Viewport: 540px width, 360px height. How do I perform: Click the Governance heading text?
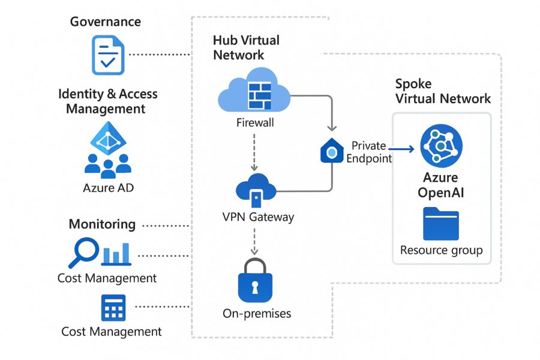pos(106,22)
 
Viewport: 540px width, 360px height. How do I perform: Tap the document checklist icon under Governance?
pos(107,55)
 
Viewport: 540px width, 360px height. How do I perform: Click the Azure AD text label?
pos(108,188)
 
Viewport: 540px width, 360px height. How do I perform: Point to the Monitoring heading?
pos(102,224)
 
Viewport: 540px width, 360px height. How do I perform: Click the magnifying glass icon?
pos(83,252)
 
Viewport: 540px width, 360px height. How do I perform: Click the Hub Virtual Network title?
pos(246,47)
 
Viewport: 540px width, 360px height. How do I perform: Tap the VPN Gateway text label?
pos(258,217)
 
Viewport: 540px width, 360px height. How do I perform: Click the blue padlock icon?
pos(256,280)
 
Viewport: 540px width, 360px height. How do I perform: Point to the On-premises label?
pos(257,313)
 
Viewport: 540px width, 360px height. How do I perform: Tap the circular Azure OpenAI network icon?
pos(441,146)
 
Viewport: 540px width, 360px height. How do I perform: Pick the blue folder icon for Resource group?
pos(441,224)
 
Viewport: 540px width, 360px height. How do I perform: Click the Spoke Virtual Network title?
pos(443,91)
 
